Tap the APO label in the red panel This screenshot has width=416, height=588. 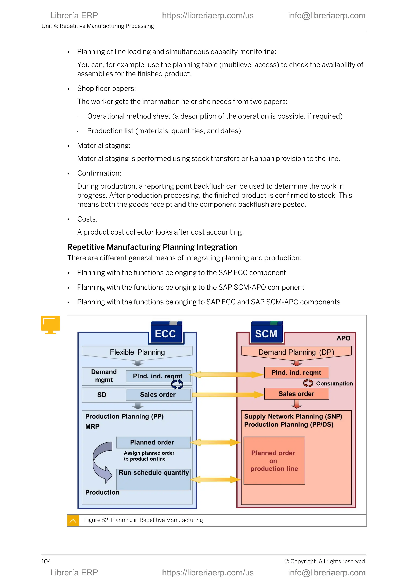click(x=343, y=338)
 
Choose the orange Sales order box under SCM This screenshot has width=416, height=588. click(x=296, y=394)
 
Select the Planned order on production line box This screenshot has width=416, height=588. click(x=274, y=461)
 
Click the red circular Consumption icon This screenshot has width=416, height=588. click(x=308, y=383)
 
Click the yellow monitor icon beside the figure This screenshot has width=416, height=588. click(x=50, y=324)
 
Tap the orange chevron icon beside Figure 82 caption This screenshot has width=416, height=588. click(x=73, y=520)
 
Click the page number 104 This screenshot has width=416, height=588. click(x=46, y=561)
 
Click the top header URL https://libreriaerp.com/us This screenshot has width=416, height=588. click(x=208, y=16)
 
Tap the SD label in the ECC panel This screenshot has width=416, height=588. click(x=102, y=395)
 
